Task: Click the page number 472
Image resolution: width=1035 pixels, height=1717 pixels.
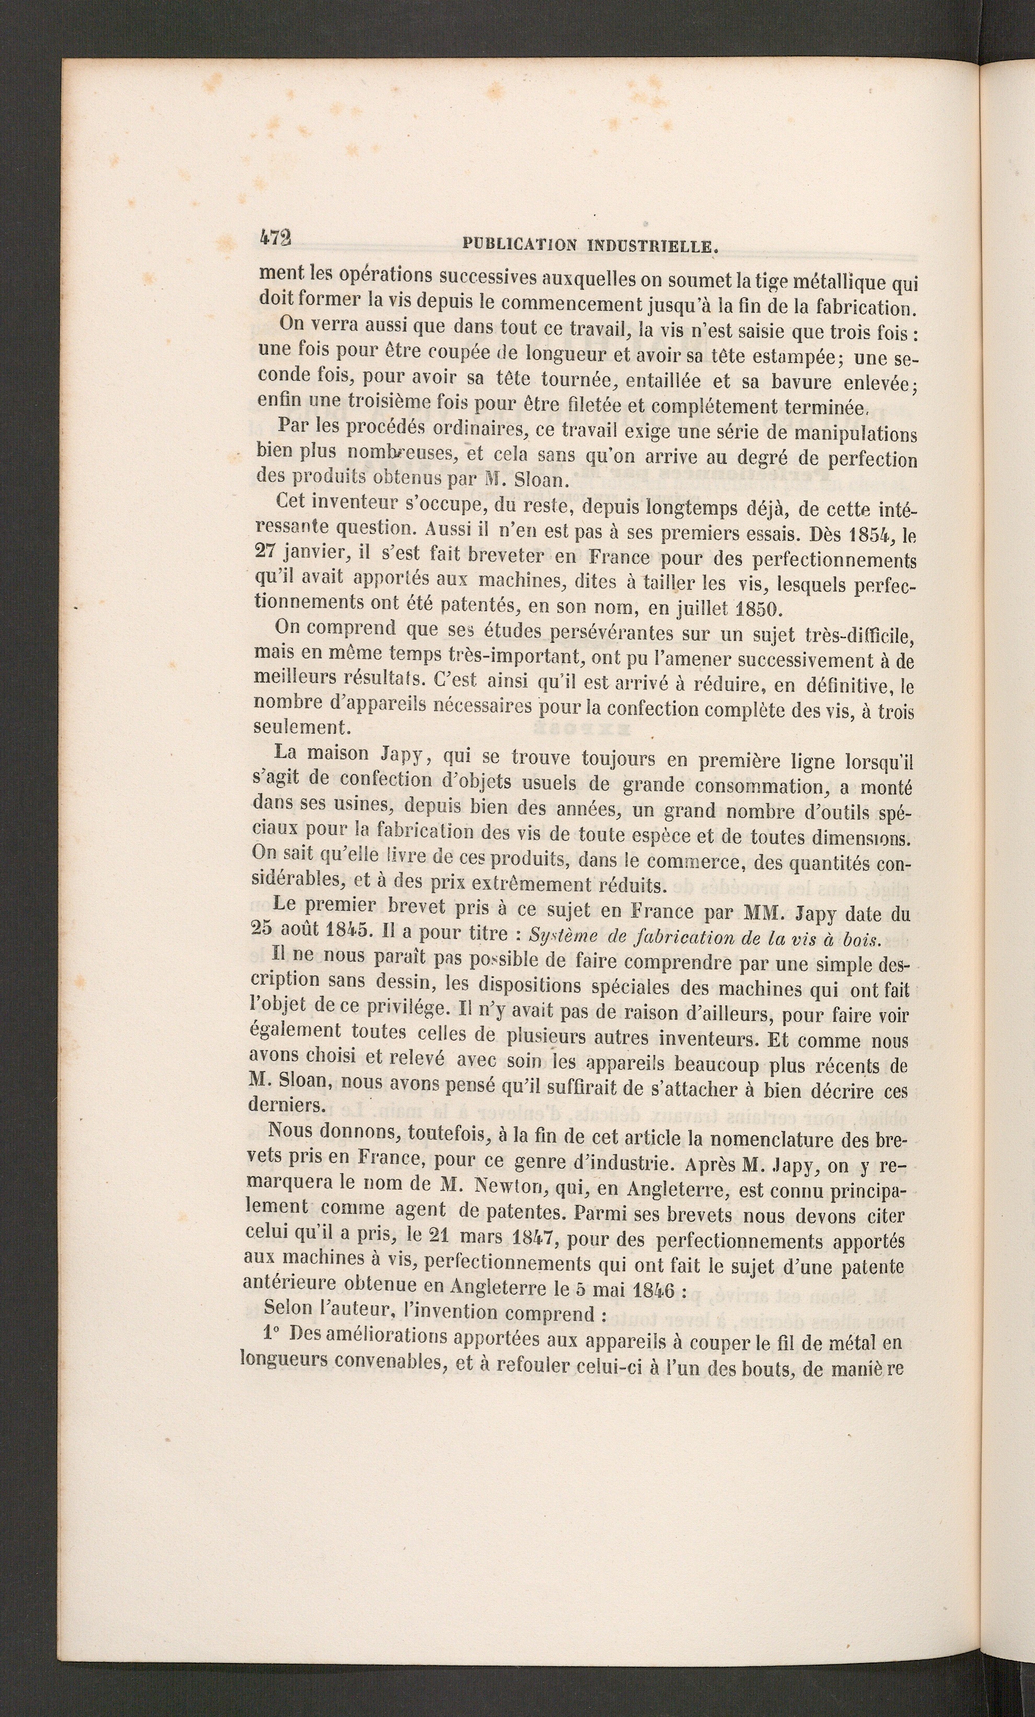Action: [274, 238]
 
